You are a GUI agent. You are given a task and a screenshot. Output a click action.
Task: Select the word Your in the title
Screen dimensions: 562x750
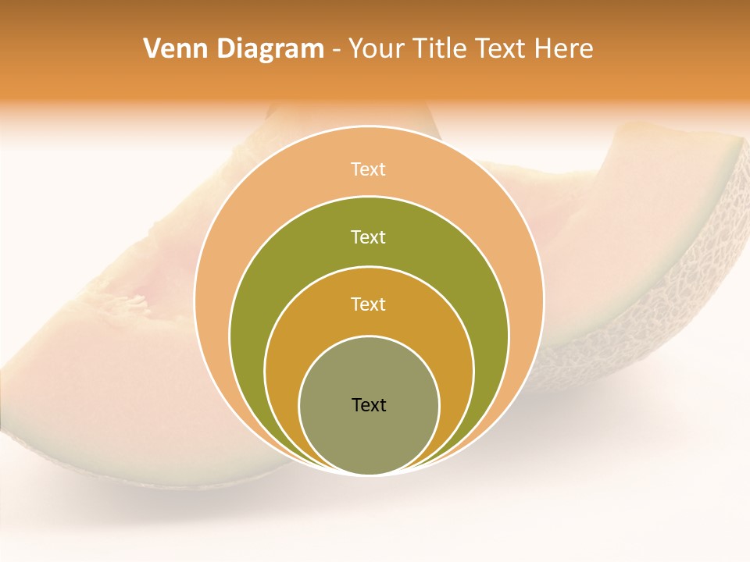pyautogui.click(x=375, y=49)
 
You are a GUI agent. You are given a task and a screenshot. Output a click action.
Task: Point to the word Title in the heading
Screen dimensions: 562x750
pyautogui.click(x=441, y=49)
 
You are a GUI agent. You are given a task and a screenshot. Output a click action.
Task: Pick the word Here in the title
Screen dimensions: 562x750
pyautogui.click(x=563, y=49)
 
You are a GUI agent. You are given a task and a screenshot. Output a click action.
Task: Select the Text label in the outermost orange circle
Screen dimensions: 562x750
pyautogui.click(x=369, y=169)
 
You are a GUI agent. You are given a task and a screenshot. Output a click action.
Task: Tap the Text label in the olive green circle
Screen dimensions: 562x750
pyautogui.click(x=369, y=237)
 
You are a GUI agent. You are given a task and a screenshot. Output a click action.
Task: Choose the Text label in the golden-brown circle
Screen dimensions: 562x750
pyautogui.click(x=369, y=304)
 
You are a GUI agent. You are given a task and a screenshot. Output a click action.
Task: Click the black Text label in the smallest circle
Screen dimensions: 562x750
pyautogui.click(x=369, y=404)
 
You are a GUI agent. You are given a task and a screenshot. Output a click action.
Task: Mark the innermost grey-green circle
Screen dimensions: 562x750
pyautogui.click(x=369, y=437)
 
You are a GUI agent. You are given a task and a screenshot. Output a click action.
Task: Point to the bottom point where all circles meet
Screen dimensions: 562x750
pyautogui.click(x=369, y=474)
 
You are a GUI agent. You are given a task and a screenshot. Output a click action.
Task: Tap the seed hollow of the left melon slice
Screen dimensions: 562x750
pyautogui.click(x=133, y=301)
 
